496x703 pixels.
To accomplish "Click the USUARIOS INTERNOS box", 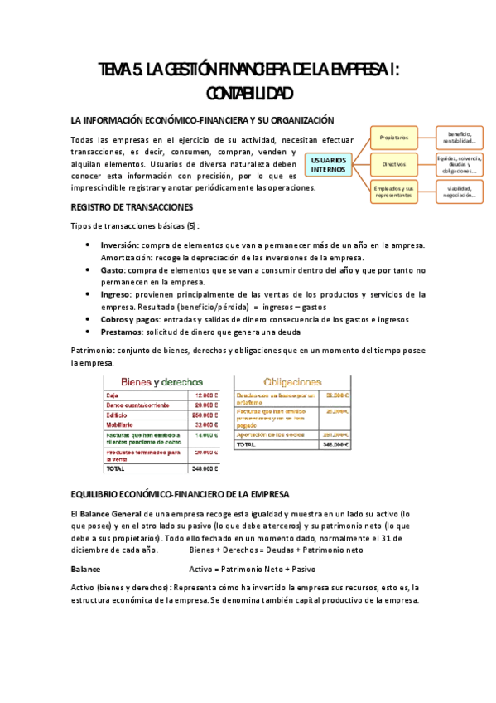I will point(329,164).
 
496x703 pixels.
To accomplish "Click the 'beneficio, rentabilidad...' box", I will point(459,137).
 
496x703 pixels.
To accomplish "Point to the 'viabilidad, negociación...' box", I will point(459,192).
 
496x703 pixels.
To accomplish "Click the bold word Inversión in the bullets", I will point(119,245).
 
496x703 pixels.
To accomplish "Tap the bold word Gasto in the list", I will point(114,270).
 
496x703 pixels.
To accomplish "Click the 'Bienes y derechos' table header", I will point(162,382).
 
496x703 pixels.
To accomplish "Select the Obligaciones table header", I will point(292,382).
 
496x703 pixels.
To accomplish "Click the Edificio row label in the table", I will point(118,415).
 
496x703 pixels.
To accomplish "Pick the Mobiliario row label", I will point(121,424).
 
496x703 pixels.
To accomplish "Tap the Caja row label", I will point(113,395).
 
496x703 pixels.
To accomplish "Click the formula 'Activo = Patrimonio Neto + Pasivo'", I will point(253,570).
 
